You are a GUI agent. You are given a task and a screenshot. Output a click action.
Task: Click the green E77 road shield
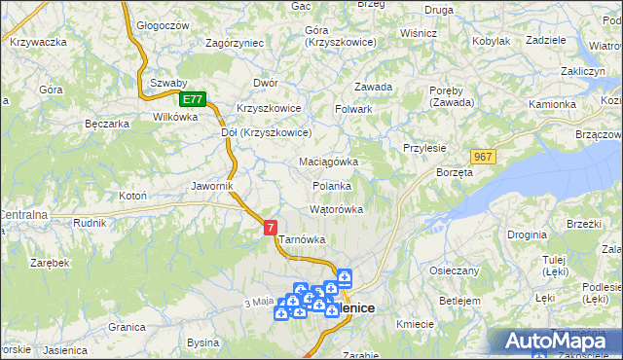pos(193,99)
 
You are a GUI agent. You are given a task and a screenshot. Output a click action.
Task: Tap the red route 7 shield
pos(271,227)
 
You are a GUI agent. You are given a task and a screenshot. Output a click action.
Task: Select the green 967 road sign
pos(483,157)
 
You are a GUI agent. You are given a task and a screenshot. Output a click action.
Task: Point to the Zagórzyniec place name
pos(235,44)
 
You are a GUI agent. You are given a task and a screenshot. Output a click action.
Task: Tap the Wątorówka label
pos(336,209)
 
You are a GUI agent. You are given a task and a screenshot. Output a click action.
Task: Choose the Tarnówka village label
pos(302,239)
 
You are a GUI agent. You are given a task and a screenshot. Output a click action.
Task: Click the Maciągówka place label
pos(328,162)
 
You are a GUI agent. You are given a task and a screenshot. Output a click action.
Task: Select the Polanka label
pos(331,185)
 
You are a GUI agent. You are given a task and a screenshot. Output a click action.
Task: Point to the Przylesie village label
pos(423,148)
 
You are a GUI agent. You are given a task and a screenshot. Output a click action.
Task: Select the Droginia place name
pos(526,235)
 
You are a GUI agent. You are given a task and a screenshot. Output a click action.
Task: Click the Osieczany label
pos(454,271)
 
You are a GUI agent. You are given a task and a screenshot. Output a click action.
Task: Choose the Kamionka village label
pos(552,103)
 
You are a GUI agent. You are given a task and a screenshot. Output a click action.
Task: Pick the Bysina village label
pos(202,343)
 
